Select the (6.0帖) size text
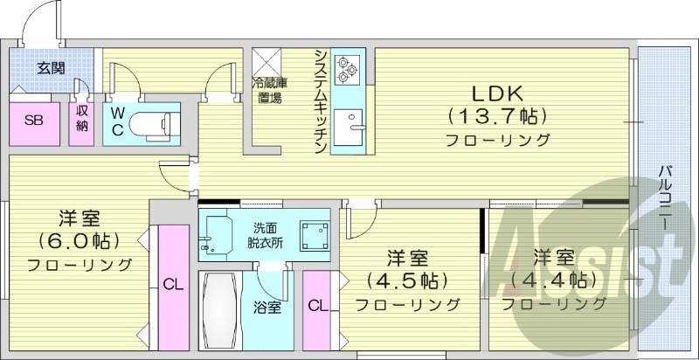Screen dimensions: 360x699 coord(78,239)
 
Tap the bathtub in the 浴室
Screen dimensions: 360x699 coord(218,310)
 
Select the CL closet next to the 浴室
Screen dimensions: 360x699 coord(318,306)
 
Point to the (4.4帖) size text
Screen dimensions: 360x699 coord(553,280)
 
